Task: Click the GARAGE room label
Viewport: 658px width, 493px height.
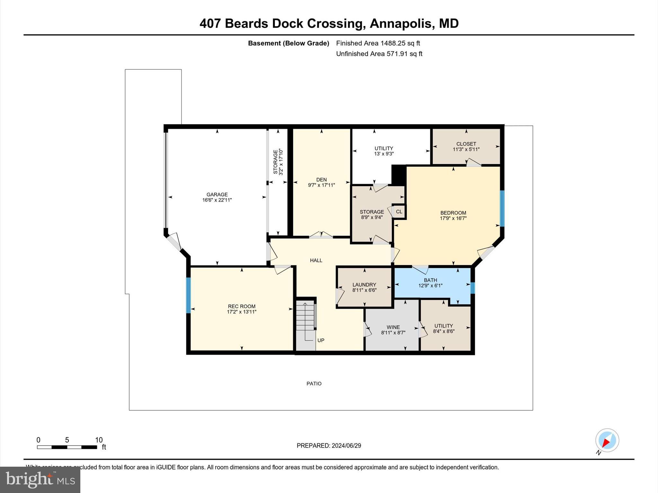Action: point(217,195)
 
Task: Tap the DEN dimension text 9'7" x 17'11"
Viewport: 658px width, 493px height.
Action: point(321,185)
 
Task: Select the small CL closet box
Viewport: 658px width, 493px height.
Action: point(399,212)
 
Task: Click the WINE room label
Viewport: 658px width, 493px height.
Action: point(393,327)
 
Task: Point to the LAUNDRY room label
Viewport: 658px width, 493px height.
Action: point(364,285)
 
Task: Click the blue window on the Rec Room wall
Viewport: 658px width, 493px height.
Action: point(189,295)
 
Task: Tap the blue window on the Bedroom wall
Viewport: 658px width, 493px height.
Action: point(502,209)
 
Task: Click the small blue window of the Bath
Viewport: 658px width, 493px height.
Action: point(472,288)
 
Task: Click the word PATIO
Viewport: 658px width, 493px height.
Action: point(314,384)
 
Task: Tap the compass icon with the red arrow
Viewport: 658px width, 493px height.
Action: point(607,440)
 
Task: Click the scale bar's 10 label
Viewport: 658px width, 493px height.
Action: point(99,440)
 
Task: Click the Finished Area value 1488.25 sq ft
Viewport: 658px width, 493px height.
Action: point(400,43)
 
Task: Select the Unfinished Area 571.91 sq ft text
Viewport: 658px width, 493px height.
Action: point(379,54)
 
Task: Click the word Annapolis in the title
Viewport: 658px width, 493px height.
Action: point(401,23)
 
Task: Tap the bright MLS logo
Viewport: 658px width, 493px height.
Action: point(40,480)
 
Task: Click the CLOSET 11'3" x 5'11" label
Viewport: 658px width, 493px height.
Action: point(466,147)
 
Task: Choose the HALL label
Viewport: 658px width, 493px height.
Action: point(316,260)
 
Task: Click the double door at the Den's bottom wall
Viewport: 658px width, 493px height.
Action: point(321,236)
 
